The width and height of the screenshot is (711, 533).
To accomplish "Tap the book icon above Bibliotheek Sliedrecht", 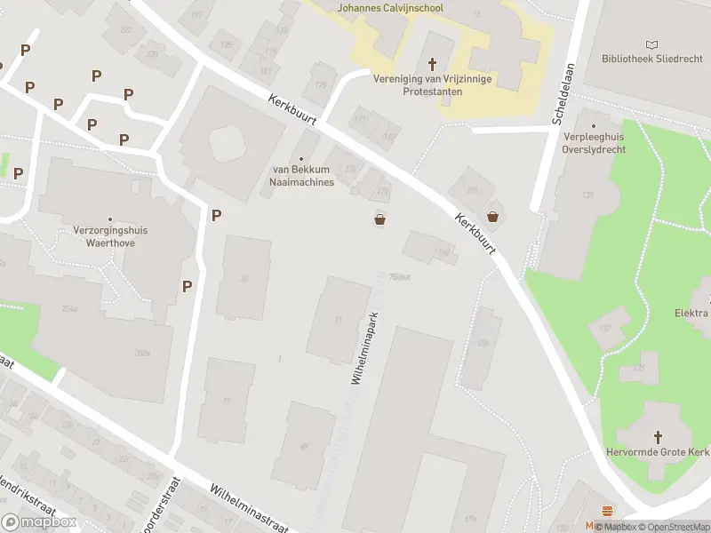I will pyautogui.click(x=653, y=44).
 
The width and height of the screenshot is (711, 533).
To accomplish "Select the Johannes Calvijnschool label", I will pyautogui.click(x=391, y=8).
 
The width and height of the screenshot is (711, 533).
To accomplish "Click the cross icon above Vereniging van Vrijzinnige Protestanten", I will pyautogui.click(x=433, y=64).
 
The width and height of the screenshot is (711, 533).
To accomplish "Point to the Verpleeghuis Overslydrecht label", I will pyautogui.click(x=595, y=143).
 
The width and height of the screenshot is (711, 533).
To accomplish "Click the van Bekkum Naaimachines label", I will pyautogui.click(x=302, y=176).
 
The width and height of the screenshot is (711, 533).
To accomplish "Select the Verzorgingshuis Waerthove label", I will pyautogui.click(x=110, y=235).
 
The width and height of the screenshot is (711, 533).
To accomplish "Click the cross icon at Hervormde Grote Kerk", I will pyautogui.click(x=659, y=436).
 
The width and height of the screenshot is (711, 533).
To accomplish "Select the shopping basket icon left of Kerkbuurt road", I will pyautogui.click(x=380, y=219).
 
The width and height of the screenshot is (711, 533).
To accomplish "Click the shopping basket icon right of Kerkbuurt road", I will pyautogui.click(x=493, y=216).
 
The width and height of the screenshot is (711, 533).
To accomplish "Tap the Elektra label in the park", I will pyautogui.click(x=691, y=313).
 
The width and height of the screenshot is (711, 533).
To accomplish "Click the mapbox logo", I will pyautogui.click(x=39, y=522).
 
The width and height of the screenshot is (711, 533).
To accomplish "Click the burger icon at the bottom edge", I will pyautogui.click(x=608, y=511).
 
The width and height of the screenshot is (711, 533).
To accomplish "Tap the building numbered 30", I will pyautogui.click(x=243, y=278).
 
